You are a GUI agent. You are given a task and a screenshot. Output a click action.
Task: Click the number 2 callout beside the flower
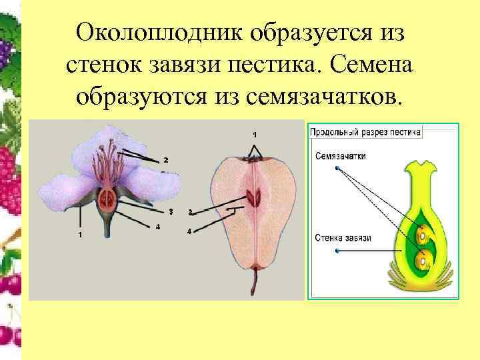[x=166, y=160]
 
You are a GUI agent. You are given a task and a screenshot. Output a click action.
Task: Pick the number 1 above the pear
[x=254, y=135]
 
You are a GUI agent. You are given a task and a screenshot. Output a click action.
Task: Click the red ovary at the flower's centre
[x=107, y=197]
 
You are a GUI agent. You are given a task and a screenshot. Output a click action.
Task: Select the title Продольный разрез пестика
[x=365, y=132]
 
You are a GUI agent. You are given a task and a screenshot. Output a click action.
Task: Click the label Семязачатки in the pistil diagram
[x=341, y=156]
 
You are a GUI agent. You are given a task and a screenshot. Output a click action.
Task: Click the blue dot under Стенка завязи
[x=337, y=251]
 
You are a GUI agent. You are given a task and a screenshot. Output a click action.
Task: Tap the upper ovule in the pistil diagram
[x=421, y=235]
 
